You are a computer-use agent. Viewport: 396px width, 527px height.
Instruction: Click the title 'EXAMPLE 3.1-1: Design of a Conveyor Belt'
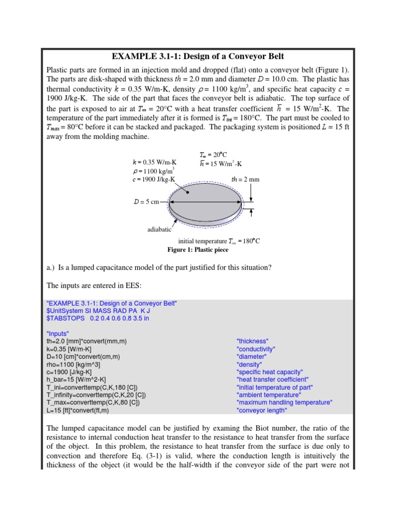(x=197, y=56)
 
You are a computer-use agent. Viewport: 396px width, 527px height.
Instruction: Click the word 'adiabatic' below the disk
(x=159, y=230)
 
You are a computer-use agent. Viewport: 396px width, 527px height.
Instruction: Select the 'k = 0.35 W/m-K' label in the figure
(x=154, y=162)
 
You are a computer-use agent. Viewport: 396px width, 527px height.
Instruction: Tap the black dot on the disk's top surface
(x=189, y=192)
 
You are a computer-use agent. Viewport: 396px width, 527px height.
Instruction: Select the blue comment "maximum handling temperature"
(x=284, y=402)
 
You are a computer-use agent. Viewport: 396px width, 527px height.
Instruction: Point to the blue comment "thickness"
(x=253, y=341)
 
